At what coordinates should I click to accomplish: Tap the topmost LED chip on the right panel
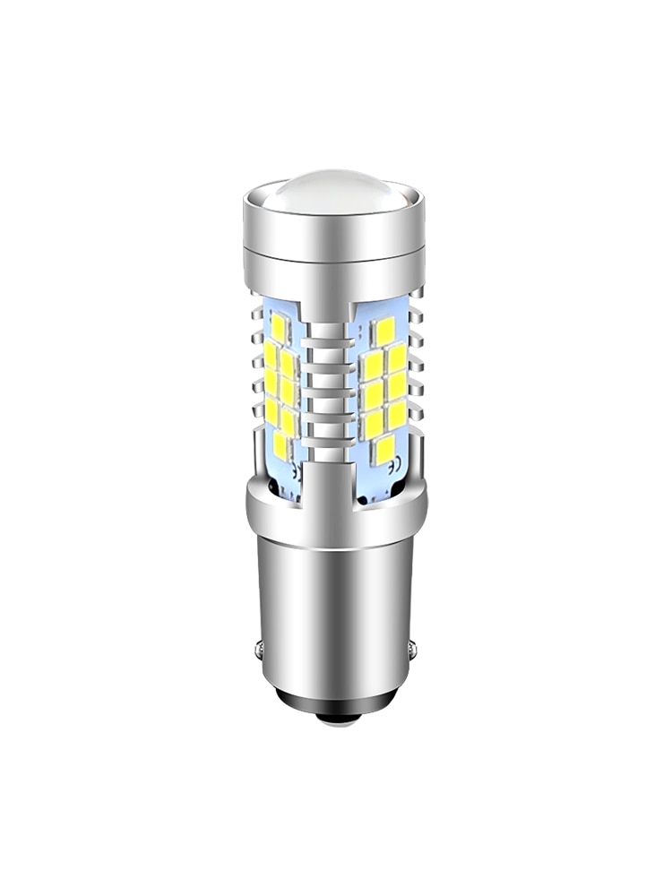coord(383,329)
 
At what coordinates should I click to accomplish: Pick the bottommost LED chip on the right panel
coord(383,449)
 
